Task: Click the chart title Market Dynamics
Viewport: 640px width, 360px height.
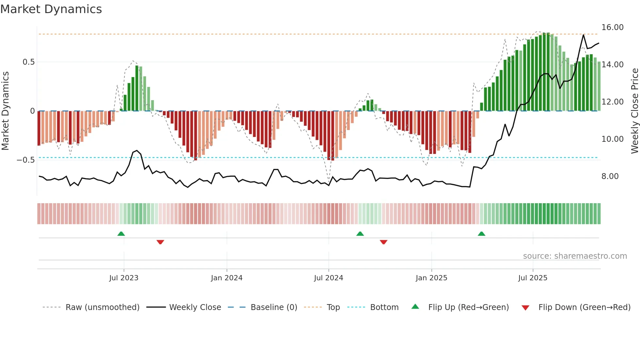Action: coord(51,9)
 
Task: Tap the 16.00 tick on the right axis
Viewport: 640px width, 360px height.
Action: coord(612,27)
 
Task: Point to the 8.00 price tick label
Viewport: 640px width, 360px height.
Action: coord(610,176)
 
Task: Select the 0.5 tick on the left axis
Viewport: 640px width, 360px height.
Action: coord(28,62)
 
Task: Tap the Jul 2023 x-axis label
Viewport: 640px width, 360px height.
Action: coord(124,278)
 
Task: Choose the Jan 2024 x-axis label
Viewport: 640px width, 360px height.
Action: coord(227,278)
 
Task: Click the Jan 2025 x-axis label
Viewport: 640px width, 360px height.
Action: coord(431,278)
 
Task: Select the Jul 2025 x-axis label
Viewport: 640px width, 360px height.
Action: coord(533,278)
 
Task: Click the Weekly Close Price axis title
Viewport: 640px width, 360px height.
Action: coord(634,111)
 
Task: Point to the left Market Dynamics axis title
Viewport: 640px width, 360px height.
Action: coord(5,111)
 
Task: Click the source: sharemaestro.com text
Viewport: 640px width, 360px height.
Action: coord(575,256)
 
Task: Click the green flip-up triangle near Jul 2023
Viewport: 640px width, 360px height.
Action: coord(121,234)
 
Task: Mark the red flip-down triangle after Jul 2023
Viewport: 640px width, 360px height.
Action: coord(160,242)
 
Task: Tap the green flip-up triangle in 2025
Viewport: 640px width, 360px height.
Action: coord(481,234)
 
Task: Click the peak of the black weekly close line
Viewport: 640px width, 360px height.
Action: coord(583,35)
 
